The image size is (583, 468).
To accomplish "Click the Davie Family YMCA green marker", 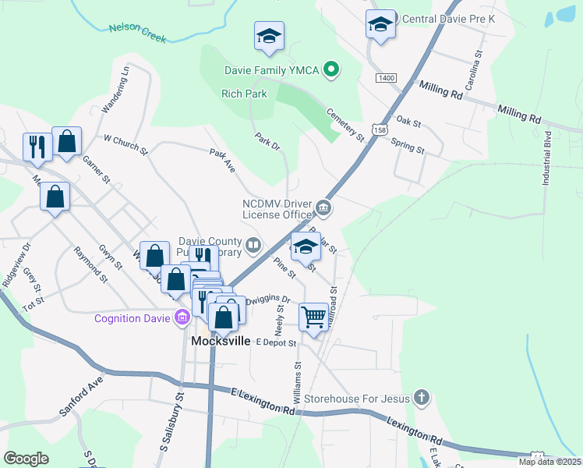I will pyautogui.click(x=331, y=71).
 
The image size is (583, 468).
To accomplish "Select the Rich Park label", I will pyautogui.click(x=244, y=94).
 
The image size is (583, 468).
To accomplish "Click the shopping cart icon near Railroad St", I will pyautogui.click(x=313, y=317).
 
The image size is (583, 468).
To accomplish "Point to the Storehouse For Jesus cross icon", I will pyautogui.click(x=421, y=398).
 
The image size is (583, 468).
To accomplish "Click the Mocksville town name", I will pyautogui.click(x=221, y=341).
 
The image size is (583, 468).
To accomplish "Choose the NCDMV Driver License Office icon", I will pyautogui.click(x=323, y=208).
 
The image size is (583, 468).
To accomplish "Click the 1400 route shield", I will pyautogui.click(x=385, y=78).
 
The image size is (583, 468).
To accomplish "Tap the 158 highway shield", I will pyautogui.click(x=378, y=129).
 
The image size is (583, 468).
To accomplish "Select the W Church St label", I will pyautogui.click(x=125, y=144).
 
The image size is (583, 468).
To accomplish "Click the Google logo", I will pyautogui.click(x=26, y=459).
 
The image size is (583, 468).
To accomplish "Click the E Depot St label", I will pyautogui.click(x=276, y=342).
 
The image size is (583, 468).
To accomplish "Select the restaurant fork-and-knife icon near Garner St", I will pyautogui.click(x=37, y=145).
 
